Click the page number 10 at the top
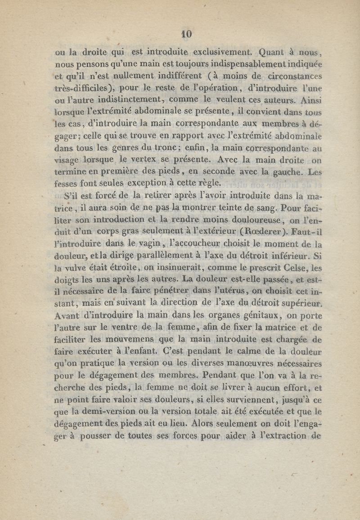pos(186,34)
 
